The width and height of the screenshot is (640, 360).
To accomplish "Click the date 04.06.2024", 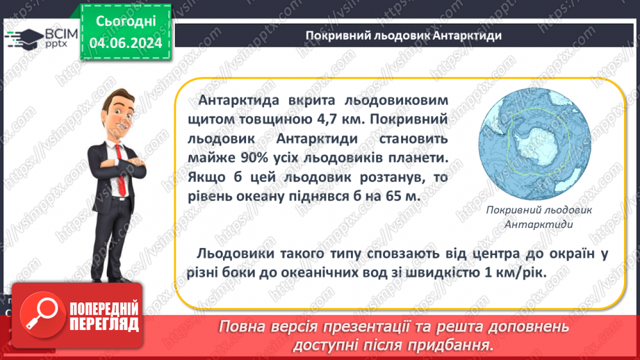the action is [126, 43].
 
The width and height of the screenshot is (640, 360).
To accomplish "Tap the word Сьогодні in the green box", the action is [126, 22].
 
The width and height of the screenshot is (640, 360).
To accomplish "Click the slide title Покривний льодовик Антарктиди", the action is [404, 35].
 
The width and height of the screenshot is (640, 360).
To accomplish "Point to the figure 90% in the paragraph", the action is [254, 158].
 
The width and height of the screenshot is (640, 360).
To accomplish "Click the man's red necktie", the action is [120, 170].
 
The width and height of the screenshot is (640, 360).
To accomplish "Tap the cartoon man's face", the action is [121, 116].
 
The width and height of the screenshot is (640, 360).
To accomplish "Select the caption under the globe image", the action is [539, 217].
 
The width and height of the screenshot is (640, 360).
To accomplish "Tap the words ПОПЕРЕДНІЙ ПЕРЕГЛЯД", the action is [104, 316].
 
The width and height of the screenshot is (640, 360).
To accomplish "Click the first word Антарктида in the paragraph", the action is [238, 100].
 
